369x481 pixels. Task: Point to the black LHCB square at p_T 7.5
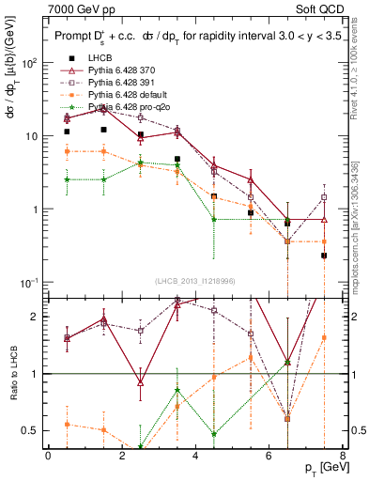point(324,256)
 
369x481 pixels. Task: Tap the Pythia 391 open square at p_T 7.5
point(324,197)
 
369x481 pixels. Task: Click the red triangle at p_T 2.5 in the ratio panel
point(140,382)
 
